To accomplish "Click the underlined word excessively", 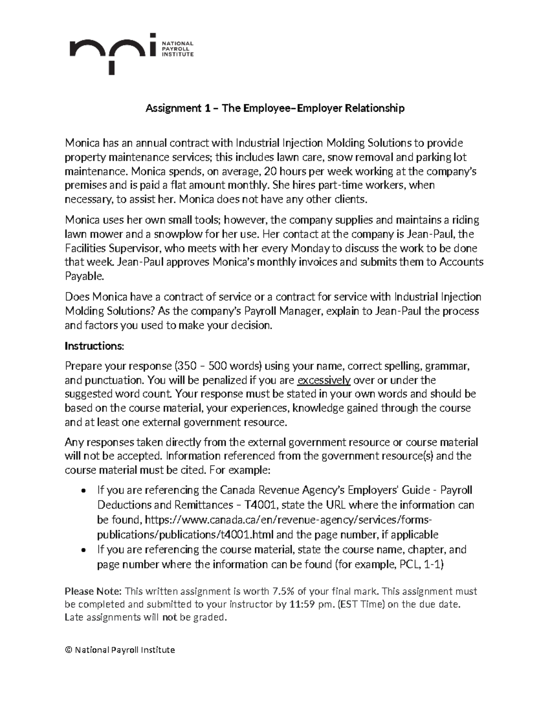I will point(324,380).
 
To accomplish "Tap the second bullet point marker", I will point(82,550).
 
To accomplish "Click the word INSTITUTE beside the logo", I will point(178,54).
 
